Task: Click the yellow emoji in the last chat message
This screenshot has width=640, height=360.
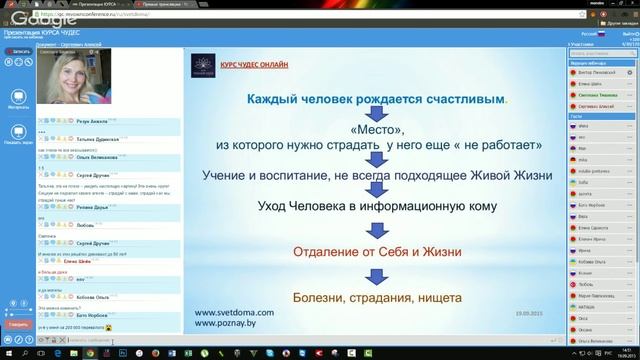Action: coord(108,327)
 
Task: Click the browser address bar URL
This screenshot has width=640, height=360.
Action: coord(150,17)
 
